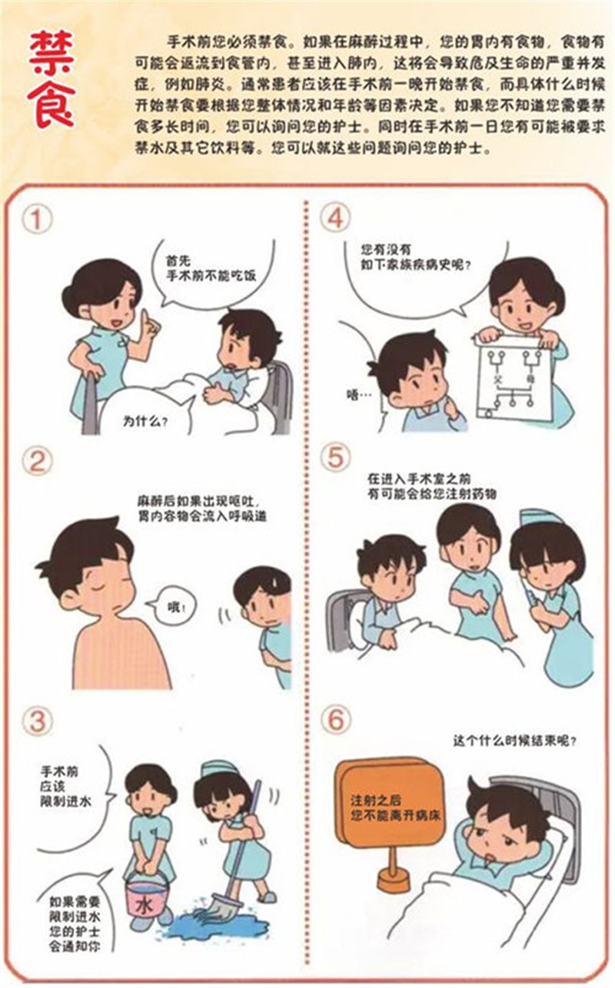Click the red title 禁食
click(51, 79)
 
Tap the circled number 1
click(37, 219)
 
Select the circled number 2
click(37, 462)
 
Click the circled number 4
click(335, 218)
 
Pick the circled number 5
click(335, 457)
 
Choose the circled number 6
click(335, 720)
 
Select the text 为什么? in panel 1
click(145, 421)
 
